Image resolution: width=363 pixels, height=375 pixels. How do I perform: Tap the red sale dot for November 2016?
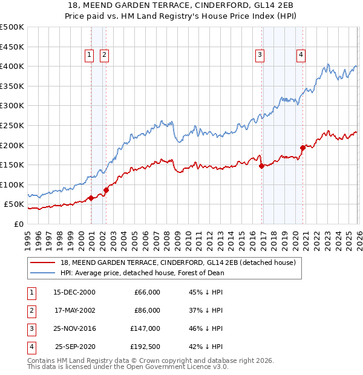click(x=261, y=165)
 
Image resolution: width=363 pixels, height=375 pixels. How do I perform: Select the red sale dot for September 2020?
click(x=302, y=147)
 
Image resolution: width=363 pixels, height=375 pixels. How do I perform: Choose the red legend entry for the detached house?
click(x=178, y=262)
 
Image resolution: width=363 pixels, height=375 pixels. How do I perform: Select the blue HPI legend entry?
click(x=142, y=273)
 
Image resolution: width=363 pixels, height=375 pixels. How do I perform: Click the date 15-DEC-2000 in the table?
click(x=74, y=292)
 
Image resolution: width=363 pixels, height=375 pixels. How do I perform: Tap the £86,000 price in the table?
click(x=147, y=310)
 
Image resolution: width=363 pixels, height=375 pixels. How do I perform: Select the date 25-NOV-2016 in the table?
click(x=74, y=328)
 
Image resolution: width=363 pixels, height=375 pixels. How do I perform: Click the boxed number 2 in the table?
click(x=30, y=310)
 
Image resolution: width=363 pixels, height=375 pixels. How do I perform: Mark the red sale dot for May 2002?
click(x=106, y=190)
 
